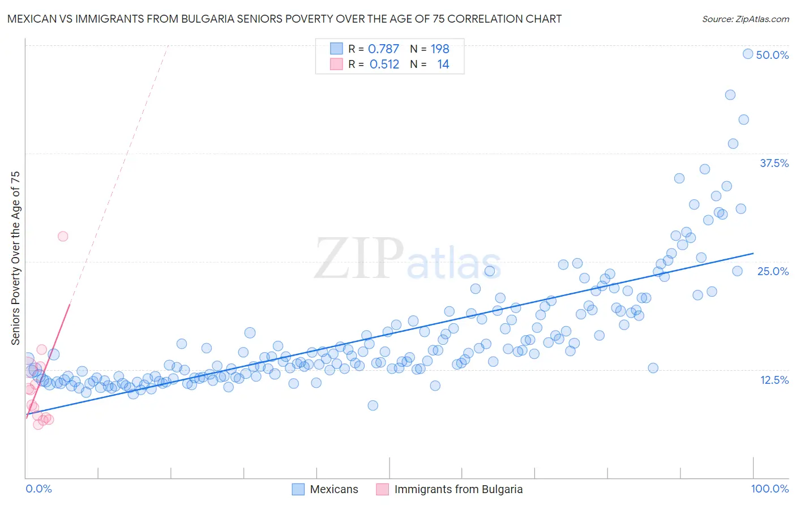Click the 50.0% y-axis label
point(772,55)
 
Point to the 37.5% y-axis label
point(774,163)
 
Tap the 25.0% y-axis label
point(773,271)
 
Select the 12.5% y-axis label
point(774,380)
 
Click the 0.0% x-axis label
point(39,489)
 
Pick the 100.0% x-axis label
point(769,489)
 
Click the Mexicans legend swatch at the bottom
point(298,489)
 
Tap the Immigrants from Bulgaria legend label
point(458,489)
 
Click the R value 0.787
point(383,49)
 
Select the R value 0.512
point(384,65)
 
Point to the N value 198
point(440,49)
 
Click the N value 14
point(443,65)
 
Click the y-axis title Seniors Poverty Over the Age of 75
point(16,258)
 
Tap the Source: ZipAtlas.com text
point(745,19)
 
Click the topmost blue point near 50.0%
point(748,54)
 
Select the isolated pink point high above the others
point(63,236)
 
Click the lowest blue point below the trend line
point(373,405)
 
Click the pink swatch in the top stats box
point(336,65)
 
